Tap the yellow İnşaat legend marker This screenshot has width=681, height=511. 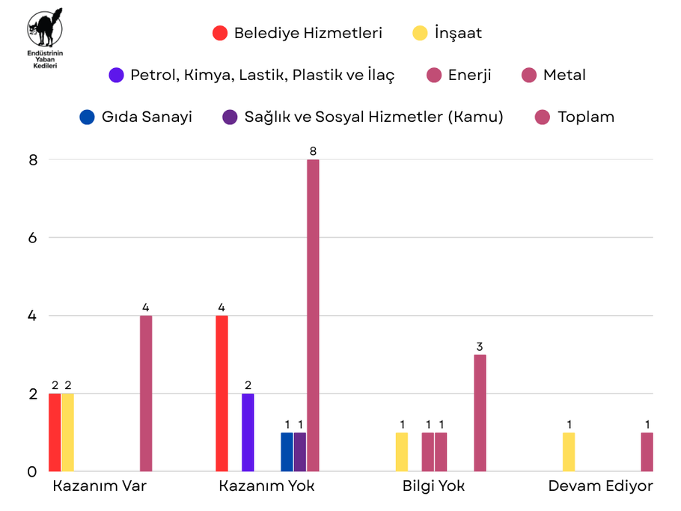(x=420, y=33)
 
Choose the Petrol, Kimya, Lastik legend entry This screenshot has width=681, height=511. (x=251, y=75)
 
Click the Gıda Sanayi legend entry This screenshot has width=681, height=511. (x=135, y=117)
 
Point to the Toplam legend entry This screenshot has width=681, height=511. (x=575, y=117)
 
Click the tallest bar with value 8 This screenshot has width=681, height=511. (x=313, y=315)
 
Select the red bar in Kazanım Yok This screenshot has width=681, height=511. (x=222, y=394)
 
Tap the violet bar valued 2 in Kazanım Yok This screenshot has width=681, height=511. (x=248, y=432)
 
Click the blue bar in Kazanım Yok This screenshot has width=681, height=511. (x=287, y=452)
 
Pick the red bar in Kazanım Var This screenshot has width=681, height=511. (x=55, y=432)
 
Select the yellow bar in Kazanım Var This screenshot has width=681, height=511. (x=67, y=432)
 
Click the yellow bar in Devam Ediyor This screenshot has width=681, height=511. (x=569, y=452)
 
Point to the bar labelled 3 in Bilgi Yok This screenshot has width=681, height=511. (x=480, y=413)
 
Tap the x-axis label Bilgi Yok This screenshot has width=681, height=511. (x=433, y=486)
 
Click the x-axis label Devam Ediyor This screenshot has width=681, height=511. (x=600, y=486)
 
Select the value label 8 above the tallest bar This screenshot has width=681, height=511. (x=313, y=151)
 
